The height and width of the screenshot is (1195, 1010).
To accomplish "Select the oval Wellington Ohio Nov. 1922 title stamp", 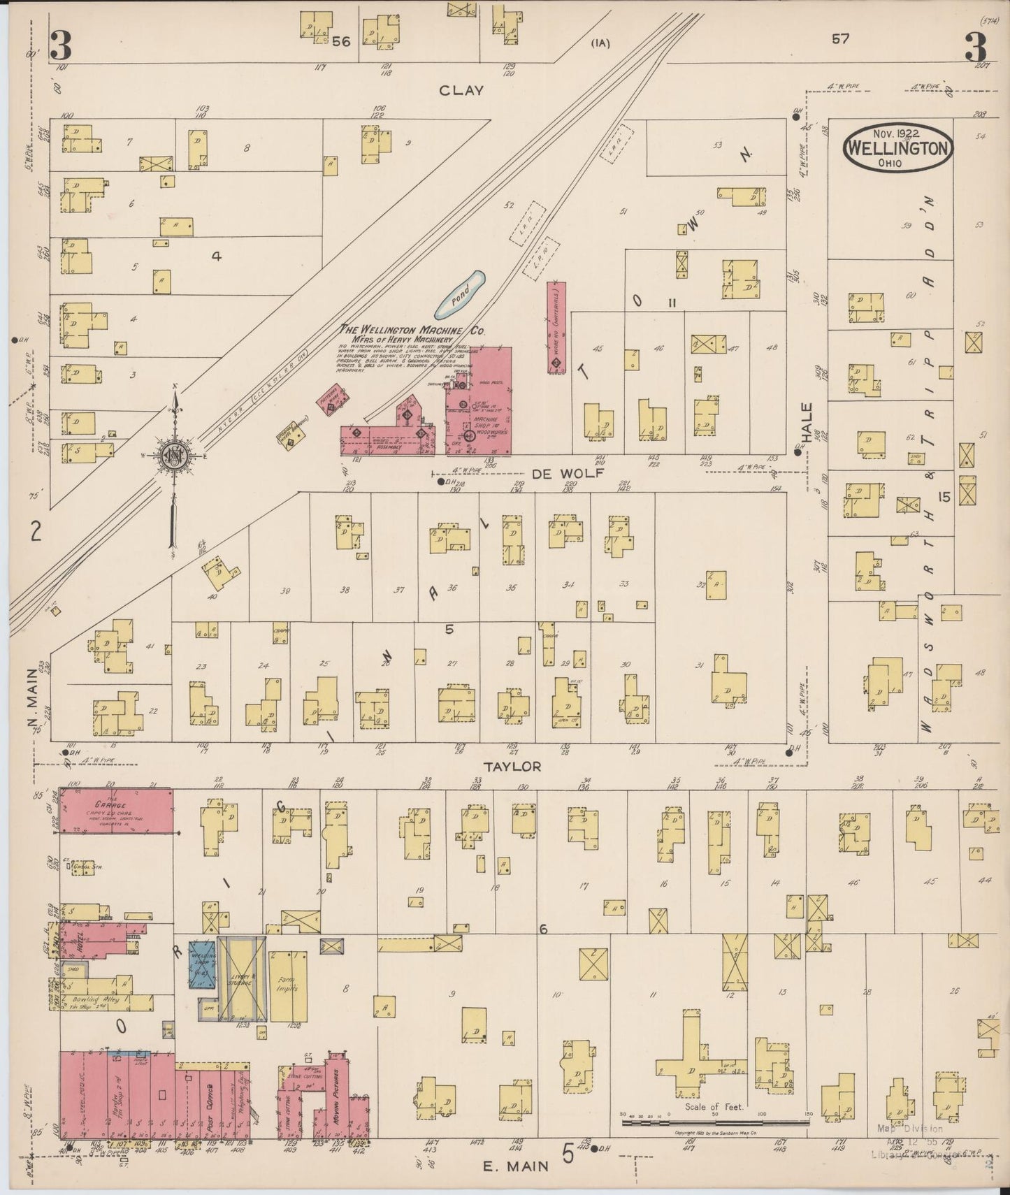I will [x=897, y=147].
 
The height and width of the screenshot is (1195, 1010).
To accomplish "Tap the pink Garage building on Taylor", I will [x=115, y=810].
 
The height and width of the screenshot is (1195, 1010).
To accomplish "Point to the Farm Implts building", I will [x=287, y=985].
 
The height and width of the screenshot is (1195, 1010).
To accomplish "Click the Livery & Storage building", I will [x=242, y=978].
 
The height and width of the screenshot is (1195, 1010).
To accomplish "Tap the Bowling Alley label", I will [x=96, y=1001].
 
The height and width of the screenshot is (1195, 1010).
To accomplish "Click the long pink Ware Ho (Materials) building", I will [x=556, y=327].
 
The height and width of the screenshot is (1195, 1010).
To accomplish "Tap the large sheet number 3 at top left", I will [x=62, y=47].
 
